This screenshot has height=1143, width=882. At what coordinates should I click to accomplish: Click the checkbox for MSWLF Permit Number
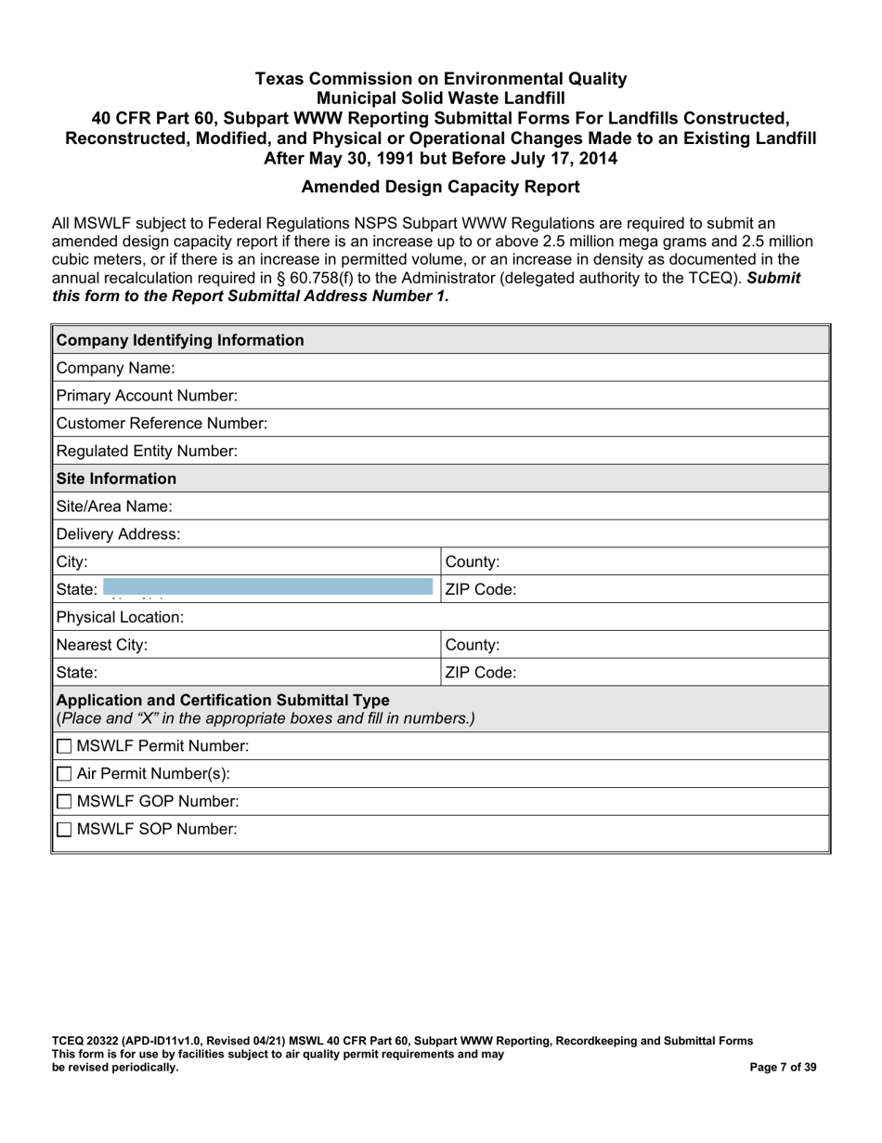(64, 746)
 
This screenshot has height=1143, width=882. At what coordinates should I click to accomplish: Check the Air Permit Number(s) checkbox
(64, 774)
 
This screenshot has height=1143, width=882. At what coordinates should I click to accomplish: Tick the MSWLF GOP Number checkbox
(64, 802)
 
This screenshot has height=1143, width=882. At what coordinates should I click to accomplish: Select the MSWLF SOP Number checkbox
(64, 830)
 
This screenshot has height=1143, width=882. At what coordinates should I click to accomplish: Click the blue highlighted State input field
(267, 587)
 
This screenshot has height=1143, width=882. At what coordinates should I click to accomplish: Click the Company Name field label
(109, 368)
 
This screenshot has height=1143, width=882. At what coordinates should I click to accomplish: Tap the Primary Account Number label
(147, 396)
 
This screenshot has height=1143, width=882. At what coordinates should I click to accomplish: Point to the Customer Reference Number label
(162, 424)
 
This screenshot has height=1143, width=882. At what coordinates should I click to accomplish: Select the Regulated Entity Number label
(147, 452)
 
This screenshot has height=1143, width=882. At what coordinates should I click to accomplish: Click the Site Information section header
(116, 479)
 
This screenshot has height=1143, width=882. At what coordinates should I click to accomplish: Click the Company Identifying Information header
(180, 340)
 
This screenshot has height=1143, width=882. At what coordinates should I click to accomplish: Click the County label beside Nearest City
(473, 645)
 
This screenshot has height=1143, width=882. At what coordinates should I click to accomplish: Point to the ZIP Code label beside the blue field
(481, 589)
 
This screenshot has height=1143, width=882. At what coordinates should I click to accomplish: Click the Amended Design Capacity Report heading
(441, 187)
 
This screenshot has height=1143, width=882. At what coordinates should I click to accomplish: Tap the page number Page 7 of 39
(783, 1068)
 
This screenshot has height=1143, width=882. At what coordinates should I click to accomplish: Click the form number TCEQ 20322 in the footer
(91, 1041)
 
